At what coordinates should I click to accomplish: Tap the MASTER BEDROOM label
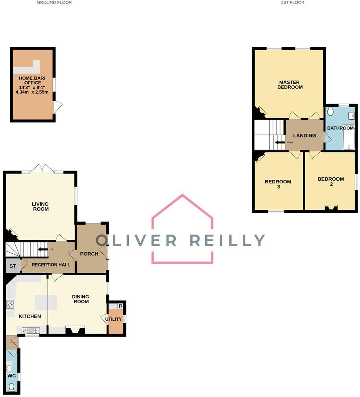tap(289, 85)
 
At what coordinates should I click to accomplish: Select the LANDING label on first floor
tap(304, 135)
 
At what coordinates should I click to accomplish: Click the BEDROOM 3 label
tap(278, 184)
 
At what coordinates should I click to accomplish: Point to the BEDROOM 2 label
tap(330, 181)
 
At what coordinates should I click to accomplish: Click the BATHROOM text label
tap(340, 128)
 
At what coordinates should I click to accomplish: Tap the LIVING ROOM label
tap(41, 206)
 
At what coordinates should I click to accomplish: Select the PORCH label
tap(89, 253)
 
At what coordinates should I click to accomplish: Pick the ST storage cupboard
tap(13, 266)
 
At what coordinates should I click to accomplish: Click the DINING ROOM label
tap(80, 299)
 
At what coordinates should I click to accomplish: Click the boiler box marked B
tap(121, 306)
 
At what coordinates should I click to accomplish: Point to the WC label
tap(11, 376)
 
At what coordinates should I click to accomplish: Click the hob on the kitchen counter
tap(10, 304)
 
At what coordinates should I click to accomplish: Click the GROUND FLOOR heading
tap(54, 2)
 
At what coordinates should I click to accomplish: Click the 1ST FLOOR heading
tap(292, 2)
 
